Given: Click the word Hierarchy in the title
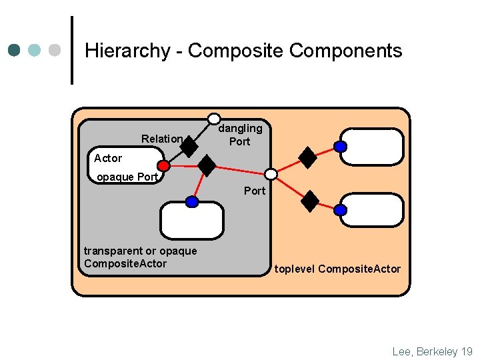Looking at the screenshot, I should point(127,51).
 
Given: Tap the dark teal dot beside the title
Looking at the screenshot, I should point(15,50).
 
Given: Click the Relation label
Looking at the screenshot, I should point(162,139).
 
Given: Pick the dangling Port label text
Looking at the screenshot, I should point(240,135).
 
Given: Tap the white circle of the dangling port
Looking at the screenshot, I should point(214,118).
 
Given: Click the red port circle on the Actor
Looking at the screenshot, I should point(163,165).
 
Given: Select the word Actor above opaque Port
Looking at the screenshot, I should point(108,158).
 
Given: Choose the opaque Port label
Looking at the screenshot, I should point(127,177).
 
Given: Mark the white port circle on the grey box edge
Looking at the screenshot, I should point(271,174).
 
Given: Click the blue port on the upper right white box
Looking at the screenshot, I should point(340,147).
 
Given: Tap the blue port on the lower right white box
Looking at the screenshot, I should point(340,210).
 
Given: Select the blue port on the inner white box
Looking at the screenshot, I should point(192,201).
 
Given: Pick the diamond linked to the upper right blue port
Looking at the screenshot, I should point(307,157).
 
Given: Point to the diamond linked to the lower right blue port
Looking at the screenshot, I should point(310,201).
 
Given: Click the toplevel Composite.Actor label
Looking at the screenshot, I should point(337,269).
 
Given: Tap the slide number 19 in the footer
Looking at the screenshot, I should point(466,351).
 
